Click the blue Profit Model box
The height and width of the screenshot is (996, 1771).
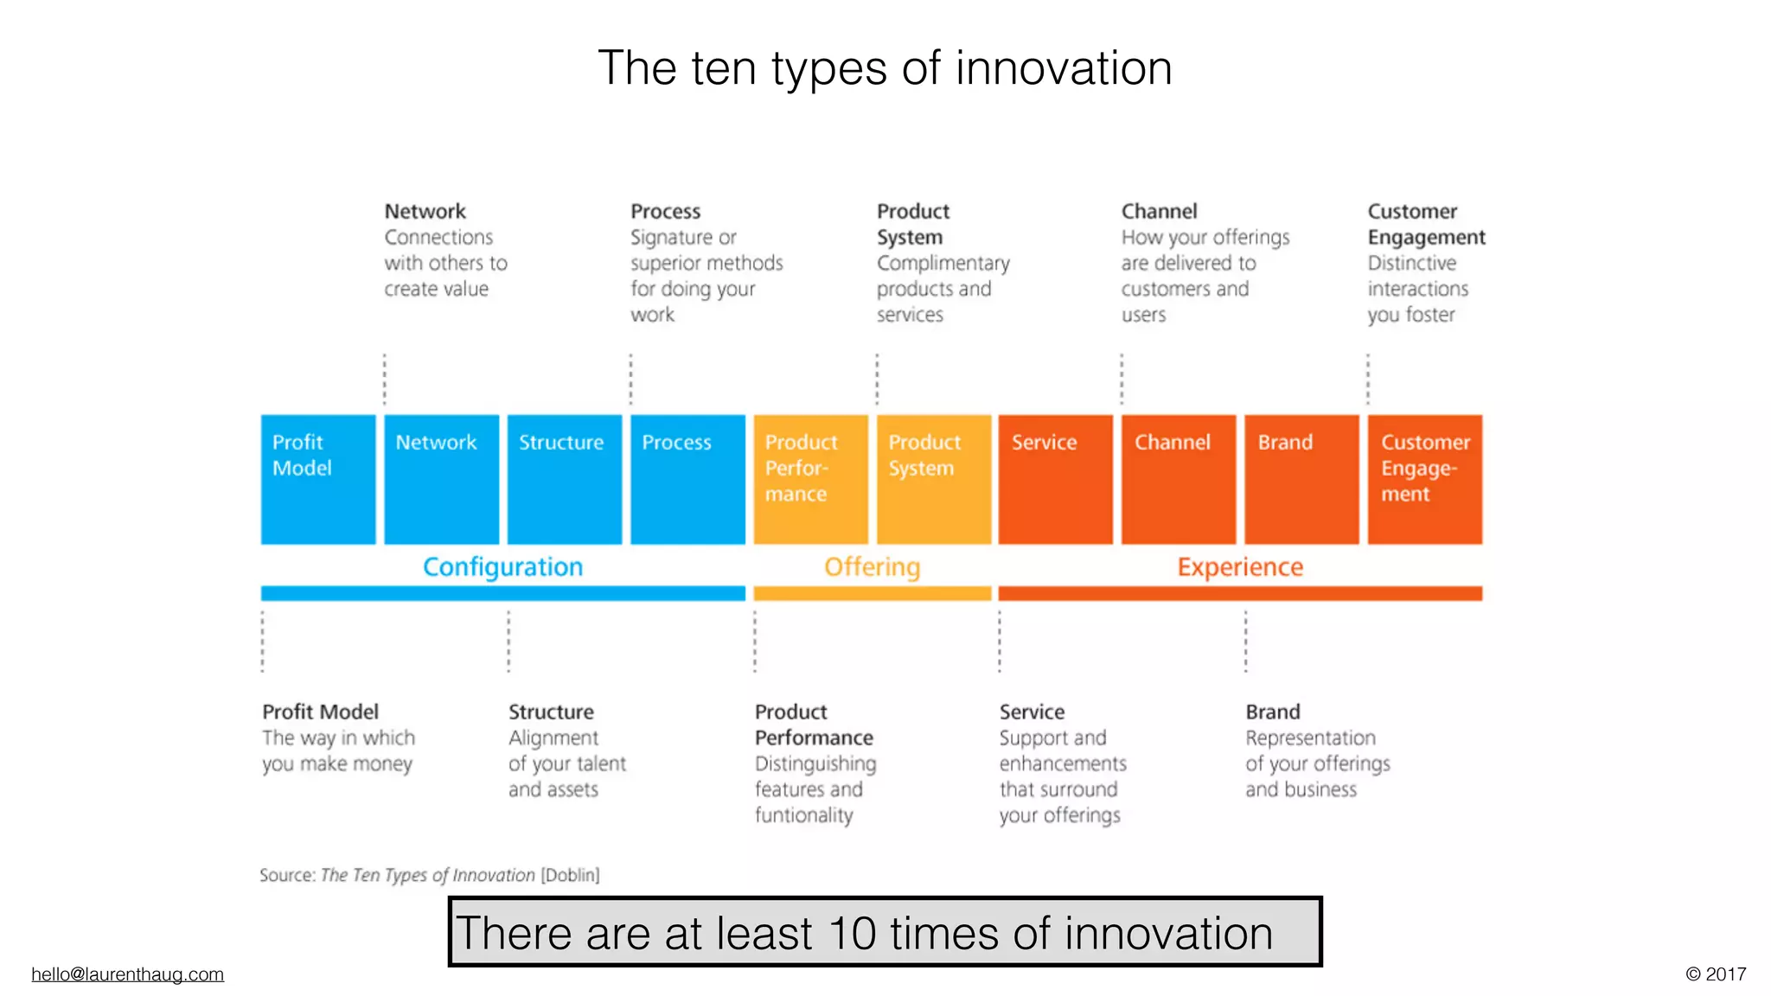coord(318,480)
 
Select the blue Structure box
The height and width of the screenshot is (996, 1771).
coord(564,480)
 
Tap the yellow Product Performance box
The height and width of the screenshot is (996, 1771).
coord(810,480)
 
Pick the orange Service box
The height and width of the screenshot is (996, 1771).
coord(1055,480)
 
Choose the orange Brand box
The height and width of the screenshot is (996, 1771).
coord(1301,480)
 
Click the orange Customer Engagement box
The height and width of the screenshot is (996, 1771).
coord(1425,480)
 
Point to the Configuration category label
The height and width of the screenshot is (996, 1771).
coord(502,567)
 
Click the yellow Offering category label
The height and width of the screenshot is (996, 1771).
coord(872,567)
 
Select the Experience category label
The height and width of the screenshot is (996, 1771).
coord(1240,567)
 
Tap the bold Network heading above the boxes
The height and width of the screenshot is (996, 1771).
coord(425,212)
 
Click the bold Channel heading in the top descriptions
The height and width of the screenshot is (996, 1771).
coord(1159,212)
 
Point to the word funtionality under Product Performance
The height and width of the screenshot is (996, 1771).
coord(803,815)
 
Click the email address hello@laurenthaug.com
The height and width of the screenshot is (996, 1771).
coord(127,974)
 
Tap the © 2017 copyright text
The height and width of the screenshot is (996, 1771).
coord(1716,974)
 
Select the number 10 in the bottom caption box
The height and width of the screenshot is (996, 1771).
coord(852,934)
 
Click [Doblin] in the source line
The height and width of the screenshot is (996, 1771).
coord(570,875)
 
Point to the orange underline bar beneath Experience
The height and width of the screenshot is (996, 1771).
coord(1240,594)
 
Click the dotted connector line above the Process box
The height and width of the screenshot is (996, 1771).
coord(630,379)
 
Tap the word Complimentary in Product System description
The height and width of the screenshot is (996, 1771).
coord(943,263)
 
